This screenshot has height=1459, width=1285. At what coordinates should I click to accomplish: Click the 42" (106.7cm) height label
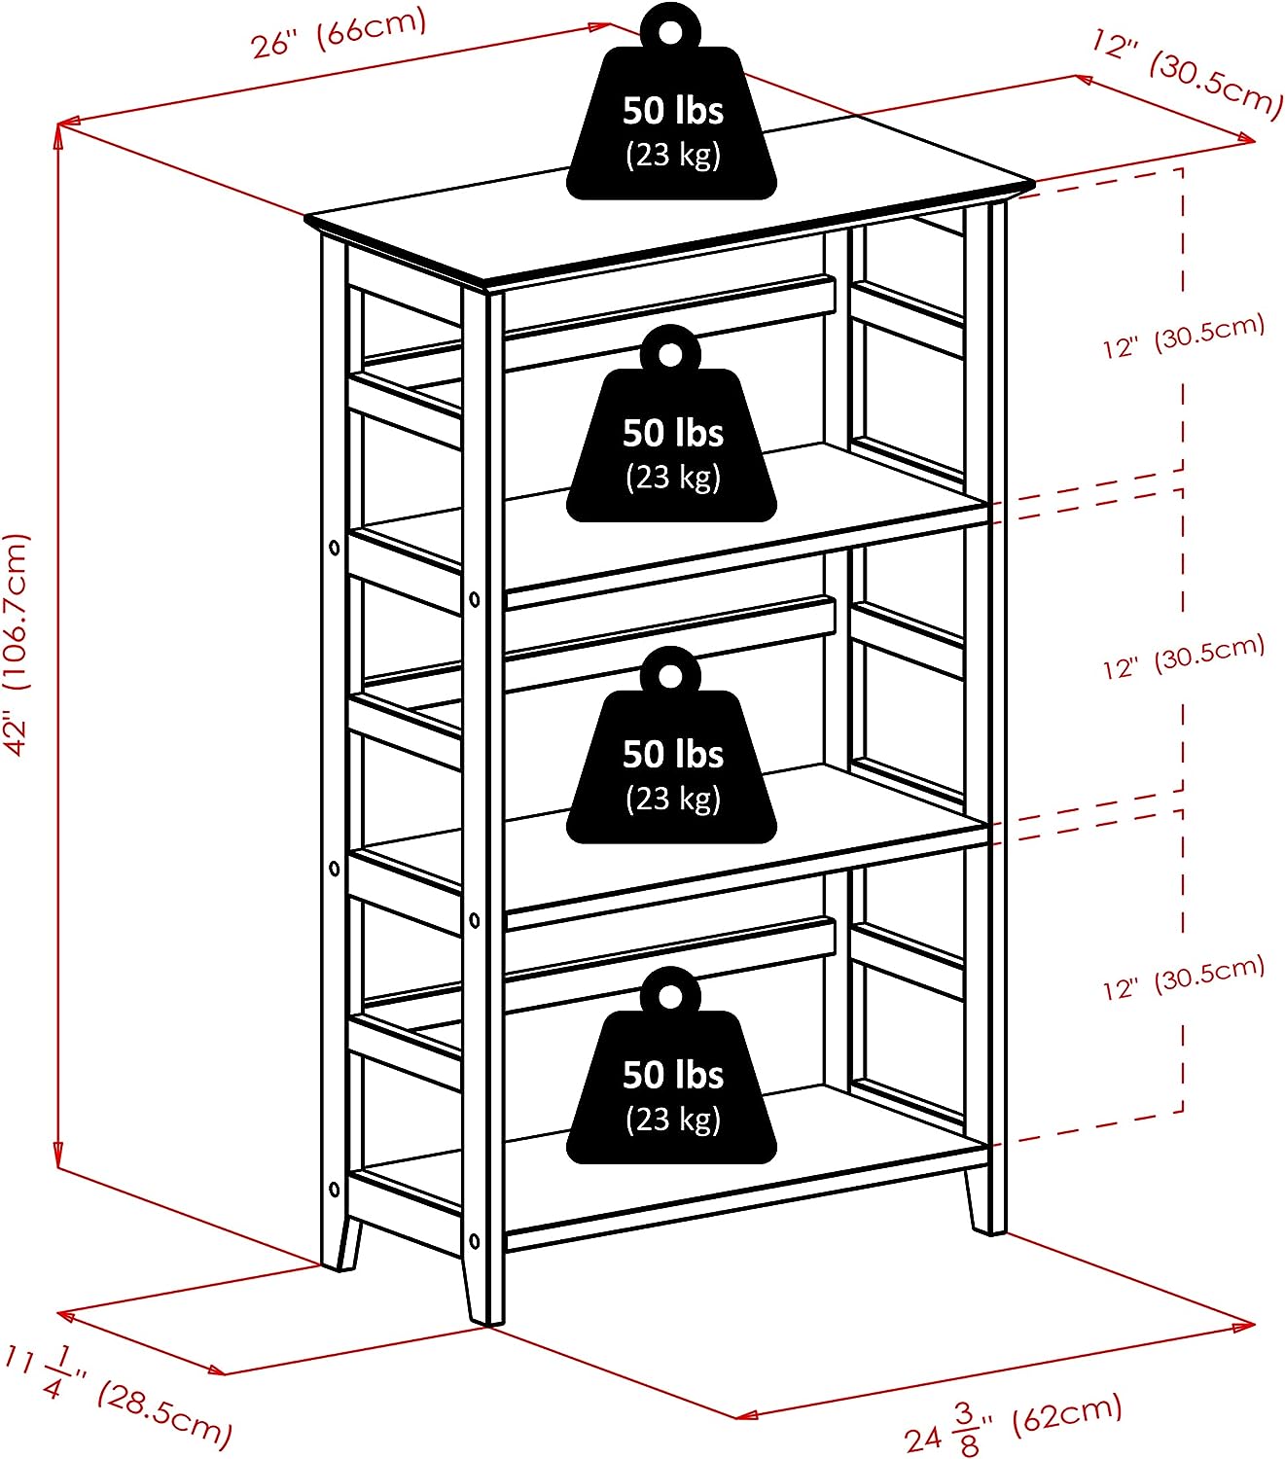(18, 643)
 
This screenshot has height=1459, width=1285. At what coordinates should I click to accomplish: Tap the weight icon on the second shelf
(671, 434)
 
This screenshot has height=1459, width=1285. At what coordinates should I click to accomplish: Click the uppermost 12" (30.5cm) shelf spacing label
(1183, 337)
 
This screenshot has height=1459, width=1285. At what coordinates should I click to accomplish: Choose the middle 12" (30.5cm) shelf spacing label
(1183, 658)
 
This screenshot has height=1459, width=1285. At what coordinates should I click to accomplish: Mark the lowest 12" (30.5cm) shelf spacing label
(1183, 979)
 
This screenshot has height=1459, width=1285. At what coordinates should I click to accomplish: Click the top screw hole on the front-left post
(475, 599)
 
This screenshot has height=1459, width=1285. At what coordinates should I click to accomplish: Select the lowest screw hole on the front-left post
(475, 1241)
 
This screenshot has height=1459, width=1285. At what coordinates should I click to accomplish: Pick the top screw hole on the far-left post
(335, 549)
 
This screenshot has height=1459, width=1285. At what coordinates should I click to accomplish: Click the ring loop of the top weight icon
(670, 30)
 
